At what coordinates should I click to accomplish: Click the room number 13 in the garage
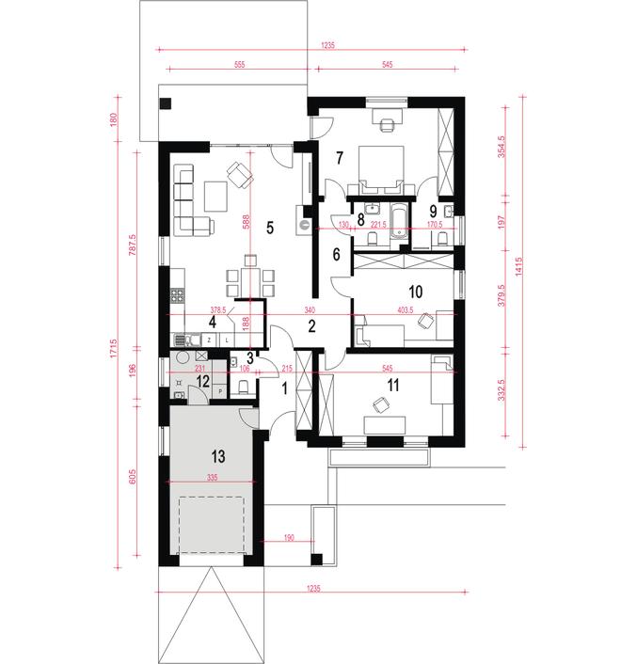point(218,456)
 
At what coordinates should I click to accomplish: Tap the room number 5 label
point(270,228)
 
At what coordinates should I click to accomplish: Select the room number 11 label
point(393,386)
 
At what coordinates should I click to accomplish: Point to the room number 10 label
point(416,292)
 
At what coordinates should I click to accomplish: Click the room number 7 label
point(340,158)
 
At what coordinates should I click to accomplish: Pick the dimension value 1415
point(519,267)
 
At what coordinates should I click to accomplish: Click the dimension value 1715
point(113,349)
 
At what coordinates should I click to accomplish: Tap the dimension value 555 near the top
point(239,65)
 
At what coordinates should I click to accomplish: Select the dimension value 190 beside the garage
point(289,538)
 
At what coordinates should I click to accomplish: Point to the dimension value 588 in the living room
point(247,222)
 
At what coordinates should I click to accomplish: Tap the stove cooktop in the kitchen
point(177,294)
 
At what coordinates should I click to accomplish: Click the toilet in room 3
point(243,387)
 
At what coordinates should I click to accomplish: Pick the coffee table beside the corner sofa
point(215,196)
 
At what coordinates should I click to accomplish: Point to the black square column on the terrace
point(166,103)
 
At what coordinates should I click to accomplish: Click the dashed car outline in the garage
point(212,525)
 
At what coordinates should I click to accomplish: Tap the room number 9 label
point(433,211)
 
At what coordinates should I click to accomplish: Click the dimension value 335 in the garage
point(213,477)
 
